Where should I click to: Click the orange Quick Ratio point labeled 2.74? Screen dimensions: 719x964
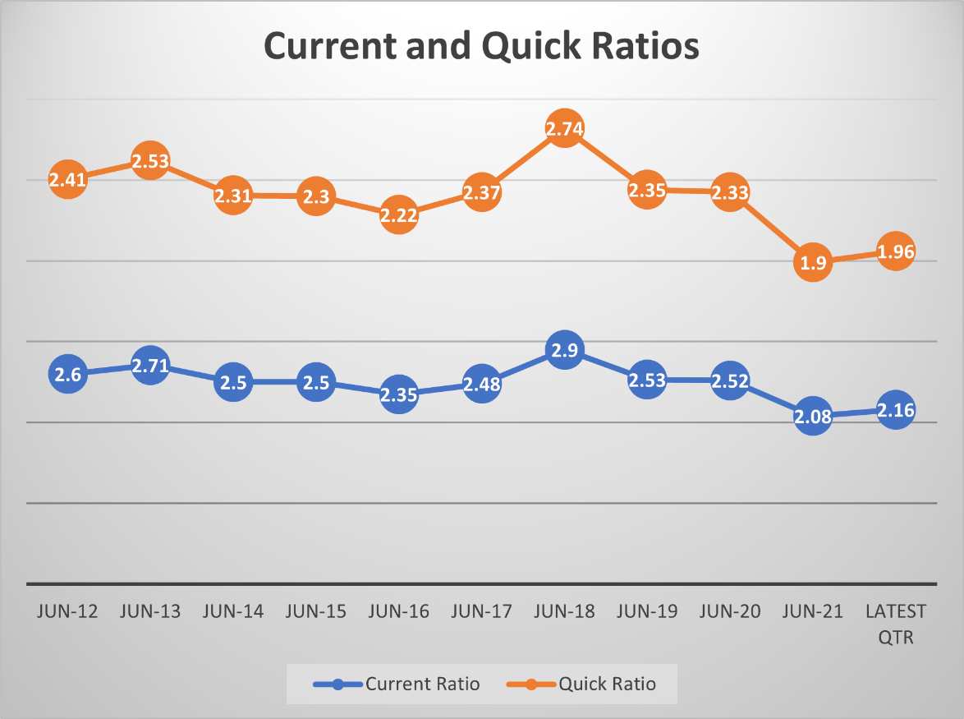563,129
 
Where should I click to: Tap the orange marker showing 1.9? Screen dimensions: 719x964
812,263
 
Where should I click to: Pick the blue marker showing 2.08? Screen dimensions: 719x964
812,416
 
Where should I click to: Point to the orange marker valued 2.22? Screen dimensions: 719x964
398,215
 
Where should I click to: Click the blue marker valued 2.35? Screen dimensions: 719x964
398,394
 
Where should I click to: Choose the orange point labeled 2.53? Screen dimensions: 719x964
150,161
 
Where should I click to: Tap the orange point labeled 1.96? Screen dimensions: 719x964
895,251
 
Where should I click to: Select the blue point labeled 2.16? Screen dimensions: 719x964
895,409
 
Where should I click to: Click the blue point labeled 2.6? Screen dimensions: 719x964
68,374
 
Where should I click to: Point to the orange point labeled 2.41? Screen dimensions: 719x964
68,178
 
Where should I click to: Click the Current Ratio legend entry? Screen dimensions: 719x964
397,684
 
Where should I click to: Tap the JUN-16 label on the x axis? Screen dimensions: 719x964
398,612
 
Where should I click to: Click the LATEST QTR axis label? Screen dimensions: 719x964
895,625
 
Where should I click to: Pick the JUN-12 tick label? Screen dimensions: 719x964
68,612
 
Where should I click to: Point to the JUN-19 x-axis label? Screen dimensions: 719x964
646,612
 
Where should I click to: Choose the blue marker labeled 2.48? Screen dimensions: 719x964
481,383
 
